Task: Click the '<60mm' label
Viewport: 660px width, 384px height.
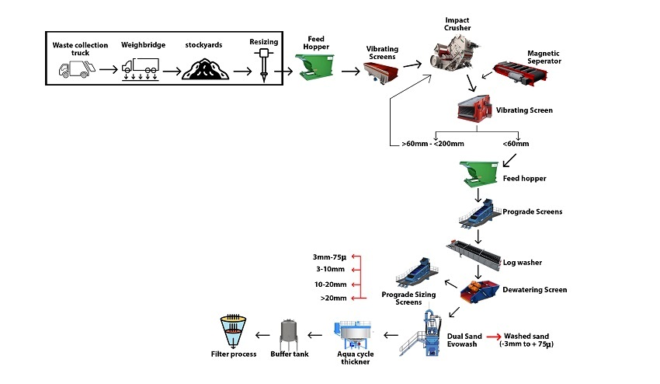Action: pyautogui.click(x=516, y=145)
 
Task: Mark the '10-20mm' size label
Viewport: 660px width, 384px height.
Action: pyautogui.click(x=330, y=285)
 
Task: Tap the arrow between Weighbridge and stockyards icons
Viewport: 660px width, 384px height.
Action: pyautogui.click(x=168, y=72)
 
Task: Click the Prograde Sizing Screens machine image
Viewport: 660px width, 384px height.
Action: pyautogui.click(x=416, y=271)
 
